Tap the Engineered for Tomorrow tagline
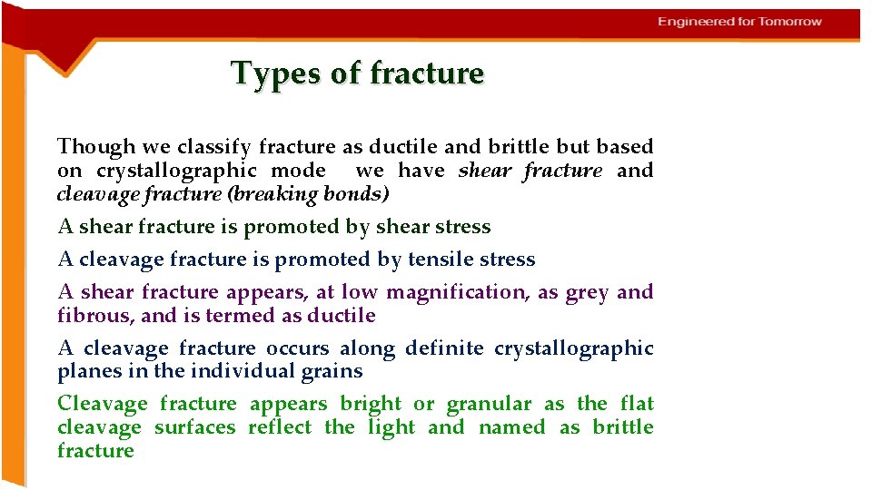[x=739, y=22]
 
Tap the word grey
[x=587, y=292]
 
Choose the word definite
[x=444, y=348]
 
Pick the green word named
[x=512, y=427]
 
